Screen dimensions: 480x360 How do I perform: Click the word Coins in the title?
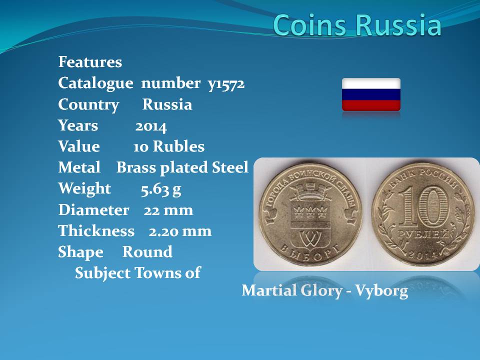[x=310, y=24]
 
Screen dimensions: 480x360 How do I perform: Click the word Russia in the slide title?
[x=399, y=24]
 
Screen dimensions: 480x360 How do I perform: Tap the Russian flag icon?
[x=371, y=94]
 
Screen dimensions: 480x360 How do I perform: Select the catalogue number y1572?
[x=226, y=84]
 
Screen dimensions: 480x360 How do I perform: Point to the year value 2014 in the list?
[x=151, y=126]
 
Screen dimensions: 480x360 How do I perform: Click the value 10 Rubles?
[x=169, y=146]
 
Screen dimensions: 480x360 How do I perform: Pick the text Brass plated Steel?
[x=182, y=168]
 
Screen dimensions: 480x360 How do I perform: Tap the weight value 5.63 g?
[x=161, y=189]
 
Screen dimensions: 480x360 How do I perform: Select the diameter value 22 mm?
[x=168, y=210]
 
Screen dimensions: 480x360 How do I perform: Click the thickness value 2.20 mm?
[x=180, y=231]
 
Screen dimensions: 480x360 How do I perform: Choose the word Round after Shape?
[x=147, y=252]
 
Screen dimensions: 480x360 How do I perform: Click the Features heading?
[x=90, y=62]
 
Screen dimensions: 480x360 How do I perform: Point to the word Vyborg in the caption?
[x=381, y=291]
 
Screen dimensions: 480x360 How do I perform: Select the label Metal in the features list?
[x=79, y=167]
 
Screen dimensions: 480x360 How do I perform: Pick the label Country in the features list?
[x=88, y=105]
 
